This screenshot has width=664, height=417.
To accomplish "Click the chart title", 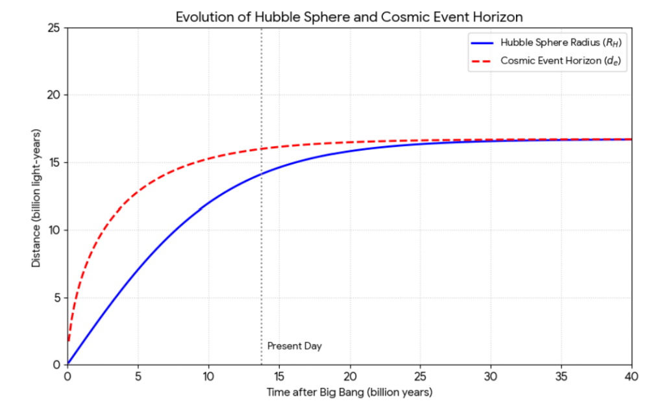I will tap(349, 17).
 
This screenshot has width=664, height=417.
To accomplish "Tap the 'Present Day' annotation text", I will tap(294, 346).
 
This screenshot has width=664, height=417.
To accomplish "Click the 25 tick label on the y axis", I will tap(55, 28).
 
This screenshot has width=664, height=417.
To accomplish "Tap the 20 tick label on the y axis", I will tap(55, 95).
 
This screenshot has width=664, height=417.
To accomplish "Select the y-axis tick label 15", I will tap(55, 162).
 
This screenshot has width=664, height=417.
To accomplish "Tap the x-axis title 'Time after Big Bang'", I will tap(349, 393).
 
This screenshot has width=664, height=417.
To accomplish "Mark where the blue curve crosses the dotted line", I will tap(262, 174).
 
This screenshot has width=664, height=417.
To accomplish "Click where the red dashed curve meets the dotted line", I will tap(262, 149).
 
